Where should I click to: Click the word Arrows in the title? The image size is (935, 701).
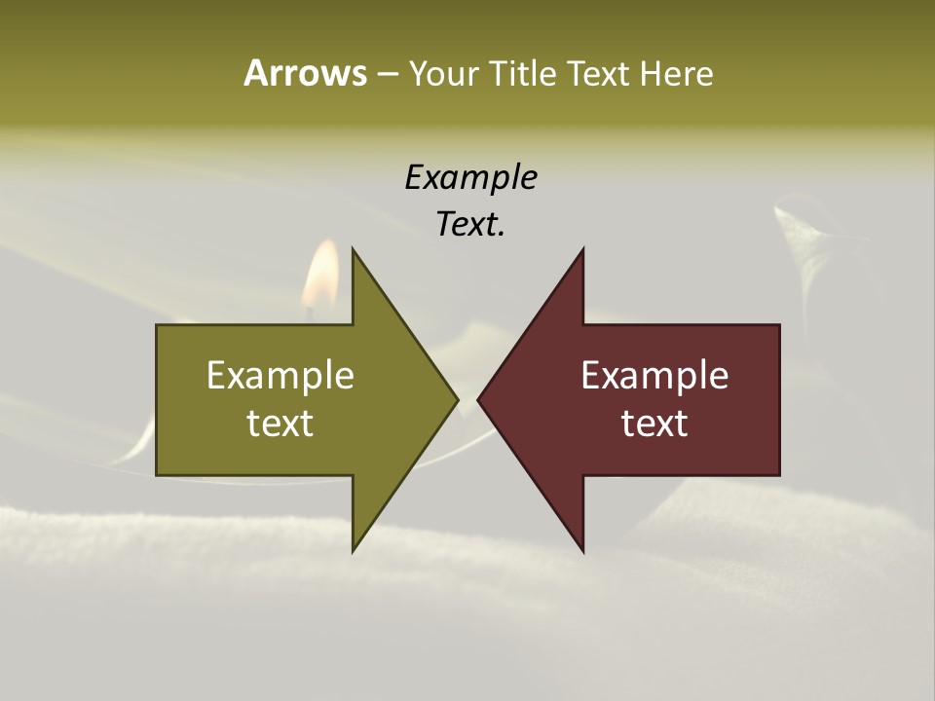tap(304, 73)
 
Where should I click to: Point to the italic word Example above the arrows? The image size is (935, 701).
tap(470, 178)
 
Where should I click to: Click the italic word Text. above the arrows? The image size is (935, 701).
tap(470, 225)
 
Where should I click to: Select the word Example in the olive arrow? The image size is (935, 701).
tap(280, 376)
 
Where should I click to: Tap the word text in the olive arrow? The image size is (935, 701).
tap(280, 424)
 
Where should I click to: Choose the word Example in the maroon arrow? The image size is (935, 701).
tap(654, 376)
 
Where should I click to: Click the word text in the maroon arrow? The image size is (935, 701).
tap(654, 424)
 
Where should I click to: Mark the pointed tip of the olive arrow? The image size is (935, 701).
tap(457, 399)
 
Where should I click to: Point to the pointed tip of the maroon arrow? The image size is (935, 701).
tap(478, 399)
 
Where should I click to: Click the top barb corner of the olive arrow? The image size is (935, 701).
tap(353, 249)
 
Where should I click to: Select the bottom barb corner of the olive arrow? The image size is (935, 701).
tap(353, 551)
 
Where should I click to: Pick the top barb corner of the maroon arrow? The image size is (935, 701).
tap(582, 249)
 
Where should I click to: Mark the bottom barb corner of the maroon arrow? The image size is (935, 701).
tap(582, 551)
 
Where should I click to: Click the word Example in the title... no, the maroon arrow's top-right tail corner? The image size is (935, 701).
tap(779, 325)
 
